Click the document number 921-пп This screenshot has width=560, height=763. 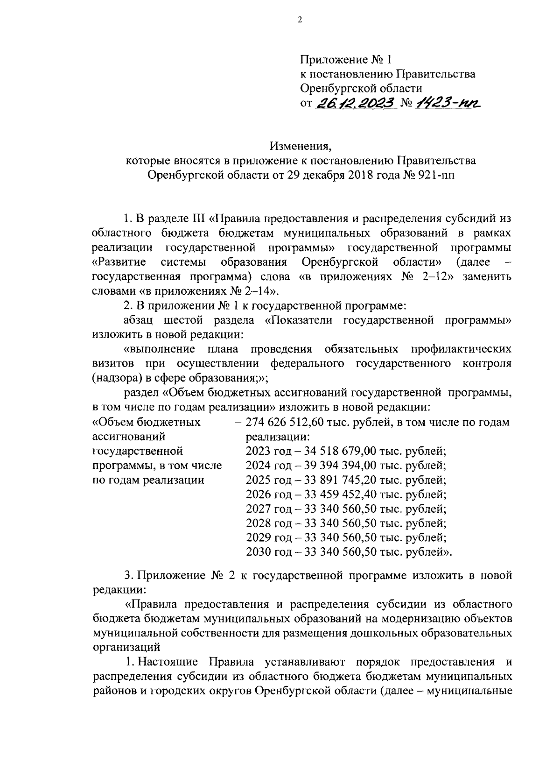click(x=434, y=175)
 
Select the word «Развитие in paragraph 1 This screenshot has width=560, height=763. click(x=119, y=261)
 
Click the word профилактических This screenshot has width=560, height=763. click(x=461, y=349)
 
